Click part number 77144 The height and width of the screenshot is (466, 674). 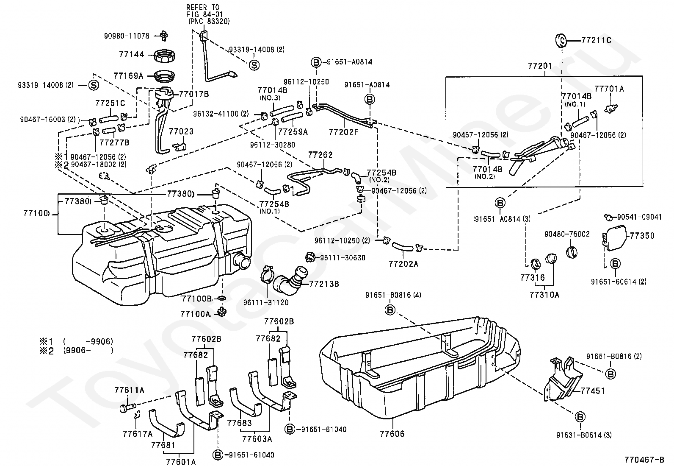pyautogui.click(x=131, y=55)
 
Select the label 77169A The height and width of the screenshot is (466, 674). pyautogui.click(x=128, y=76)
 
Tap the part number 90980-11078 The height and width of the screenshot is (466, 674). pyautogui.click(x=127, y=36)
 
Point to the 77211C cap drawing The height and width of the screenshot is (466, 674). pyautogui.click(x=561, y=40)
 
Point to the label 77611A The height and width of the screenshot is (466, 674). pyautogui.click(x=129, y=390)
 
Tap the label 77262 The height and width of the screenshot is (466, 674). pyautogui.click(x=320, y=155)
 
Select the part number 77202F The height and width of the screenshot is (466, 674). pyautogui.click(x=343, y=132)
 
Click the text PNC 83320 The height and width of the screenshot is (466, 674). pyautogui.click(x=209, y=21)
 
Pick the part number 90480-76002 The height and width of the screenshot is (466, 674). pyautogui.click(x=567, y=234)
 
